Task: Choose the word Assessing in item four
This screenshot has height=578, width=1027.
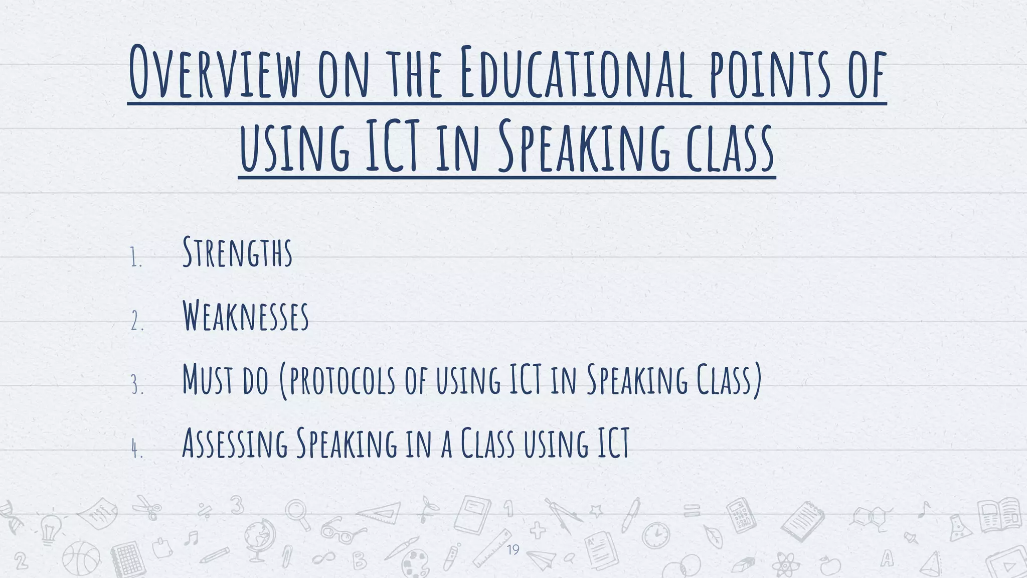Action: (235, 444)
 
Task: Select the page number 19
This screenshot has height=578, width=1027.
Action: (513, 550)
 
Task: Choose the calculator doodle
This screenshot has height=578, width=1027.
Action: (741, 515)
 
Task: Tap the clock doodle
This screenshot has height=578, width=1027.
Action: (655, 535)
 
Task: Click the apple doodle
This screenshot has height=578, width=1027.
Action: (830, 566)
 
